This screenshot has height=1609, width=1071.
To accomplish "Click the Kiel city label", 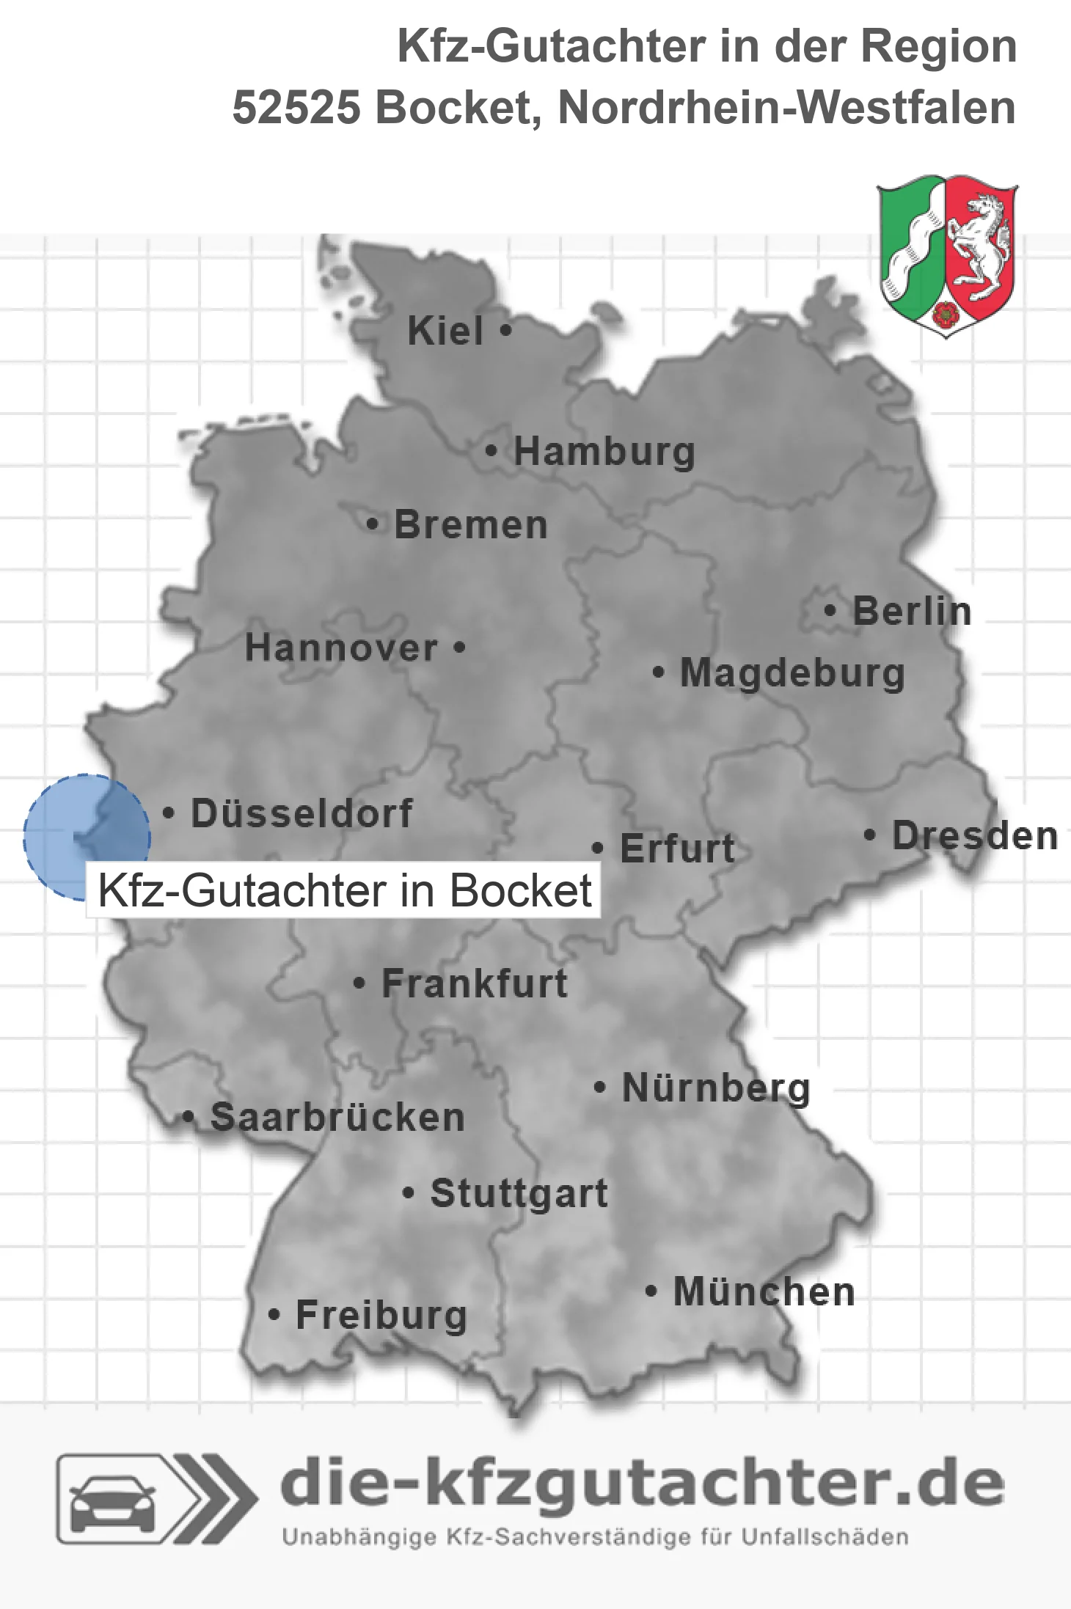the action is coord(445,331).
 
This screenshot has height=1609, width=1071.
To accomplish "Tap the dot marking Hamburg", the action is coord(491,451).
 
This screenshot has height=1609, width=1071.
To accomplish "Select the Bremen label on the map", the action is coord(470,525).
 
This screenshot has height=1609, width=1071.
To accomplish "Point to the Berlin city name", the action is coord(912,611).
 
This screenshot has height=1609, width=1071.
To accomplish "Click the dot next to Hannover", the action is coord(459,648).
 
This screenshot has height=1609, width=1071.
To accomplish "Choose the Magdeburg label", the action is coord(792,672).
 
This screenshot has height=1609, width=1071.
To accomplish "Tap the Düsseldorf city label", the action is coord(301,813).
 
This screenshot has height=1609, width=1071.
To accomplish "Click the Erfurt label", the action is coord(677,849).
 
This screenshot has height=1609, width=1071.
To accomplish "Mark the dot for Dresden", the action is coord(870,835).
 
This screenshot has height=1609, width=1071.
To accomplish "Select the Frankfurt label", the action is coord(475,983).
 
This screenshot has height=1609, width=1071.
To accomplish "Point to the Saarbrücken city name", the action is coord(337,1118).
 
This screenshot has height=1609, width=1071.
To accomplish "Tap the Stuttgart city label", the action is coord(519,1193).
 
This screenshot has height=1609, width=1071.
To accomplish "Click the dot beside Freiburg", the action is coord(274,1315).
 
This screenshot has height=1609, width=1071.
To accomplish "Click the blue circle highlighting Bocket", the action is coord(86,836).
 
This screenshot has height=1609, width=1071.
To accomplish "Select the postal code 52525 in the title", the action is coord(296,108).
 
